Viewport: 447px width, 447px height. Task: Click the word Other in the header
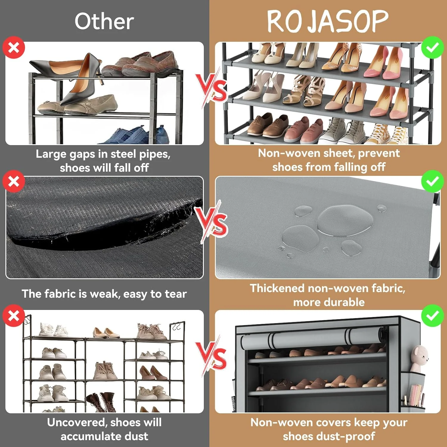click(x=104, y=21)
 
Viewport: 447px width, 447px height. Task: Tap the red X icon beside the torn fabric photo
click(x=14, y=181)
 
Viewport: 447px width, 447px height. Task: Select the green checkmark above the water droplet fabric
click(x=432, y=181)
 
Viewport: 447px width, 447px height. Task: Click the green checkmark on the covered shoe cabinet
click(x=432, y=316)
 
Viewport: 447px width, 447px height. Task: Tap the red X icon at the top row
click(x=14, y=47)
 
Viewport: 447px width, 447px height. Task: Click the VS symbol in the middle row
click(x=212, y=222)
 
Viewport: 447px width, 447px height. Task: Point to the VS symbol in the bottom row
click(x=212, y=356)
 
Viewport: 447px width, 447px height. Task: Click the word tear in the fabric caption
click(x=176, y=294)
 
